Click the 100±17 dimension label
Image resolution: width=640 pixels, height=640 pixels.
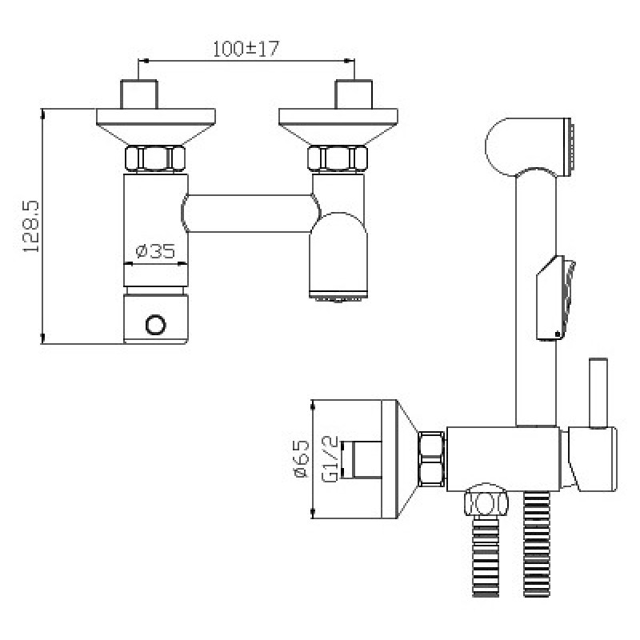coord(246,49)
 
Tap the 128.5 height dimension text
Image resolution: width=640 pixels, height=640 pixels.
coord(31,226)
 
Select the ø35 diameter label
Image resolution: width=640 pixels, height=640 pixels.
coord(155,251)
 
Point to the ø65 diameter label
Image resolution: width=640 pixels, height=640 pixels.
coord(302,458)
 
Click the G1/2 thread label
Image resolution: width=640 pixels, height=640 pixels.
coord(330,458)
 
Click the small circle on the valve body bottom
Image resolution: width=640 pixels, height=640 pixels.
coord(156,325)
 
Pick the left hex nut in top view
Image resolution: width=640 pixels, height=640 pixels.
coord(155,158)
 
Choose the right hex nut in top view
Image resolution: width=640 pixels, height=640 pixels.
coord(338,158)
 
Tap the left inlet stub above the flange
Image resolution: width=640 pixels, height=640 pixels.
coord(138,94)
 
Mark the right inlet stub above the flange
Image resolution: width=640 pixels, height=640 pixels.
coord(354,94)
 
